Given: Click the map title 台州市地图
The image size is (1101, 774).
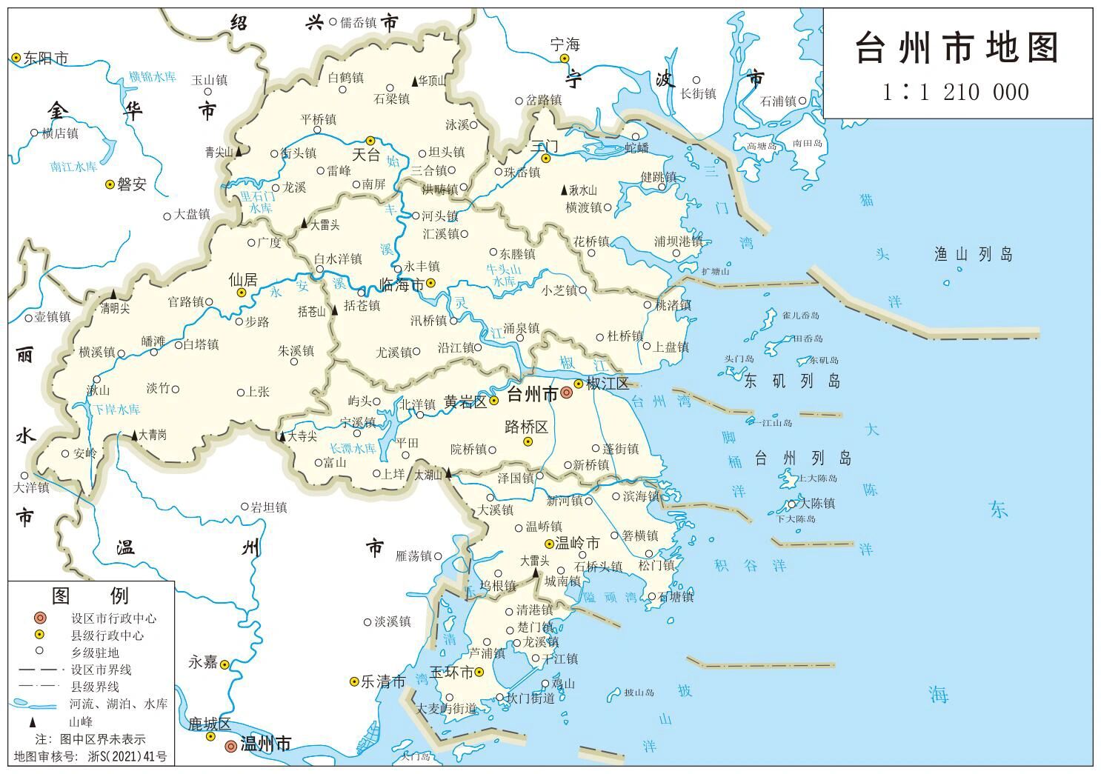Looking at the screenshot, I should tap(957, 49).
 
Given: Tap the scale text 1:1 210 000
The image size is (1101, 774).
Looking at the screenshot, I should tap(956, 93).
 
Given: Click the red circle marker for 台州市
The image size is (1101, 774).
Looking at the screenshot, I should tap(566, 393).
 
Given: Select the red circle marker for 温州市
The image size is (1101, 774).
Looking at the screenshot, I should tap(231, 746).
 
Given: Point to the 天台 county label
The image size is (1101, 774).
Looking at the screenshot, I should tap(365, 155).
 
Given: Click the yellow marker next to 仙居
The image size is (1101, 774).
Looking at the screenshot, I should tap(242, 293).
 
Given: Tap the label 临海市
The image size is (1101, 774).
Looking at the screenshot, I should tap(402, 285).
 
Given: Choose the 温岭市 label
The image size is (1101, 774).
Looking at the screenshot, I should tap(577, 544).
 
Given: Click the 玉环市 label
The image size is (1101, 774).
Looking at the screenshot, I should tap(452, 673).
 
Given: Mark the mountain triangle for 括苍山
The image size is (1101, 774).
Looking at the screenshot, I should tap(334, 310).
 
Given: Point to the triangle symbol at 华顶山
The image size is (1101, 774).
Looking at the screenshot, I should tap(415, 81).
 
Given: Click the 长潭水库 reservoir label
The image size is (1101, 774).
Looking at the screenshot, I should tap(353, 449).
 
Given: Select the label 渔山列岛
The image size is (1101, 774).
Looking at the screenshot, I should tap(973, 255).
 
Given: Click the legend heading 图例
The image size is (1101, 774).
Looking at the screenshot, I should tap(90, 595).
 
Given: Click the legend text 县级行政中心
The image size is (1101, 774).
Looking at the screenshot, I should tap(107, 635).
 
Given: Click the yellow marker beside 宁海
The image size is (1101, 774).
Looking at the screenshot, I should tap(564, 59).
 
